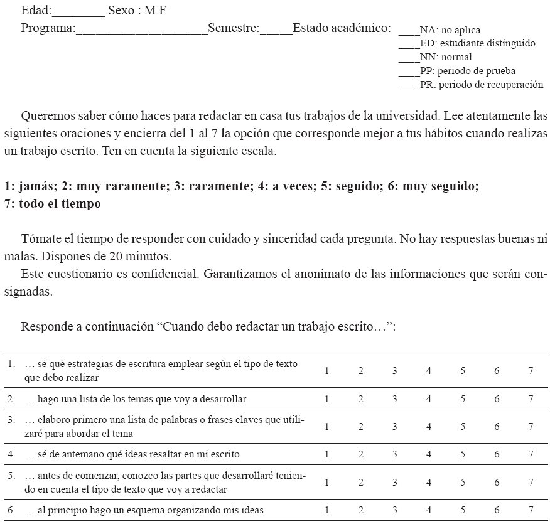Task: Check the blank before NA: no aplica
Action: (409, 31)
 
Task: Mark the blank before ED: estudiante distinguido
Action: (409, 45)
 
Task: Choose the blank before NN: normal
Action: (409, 59)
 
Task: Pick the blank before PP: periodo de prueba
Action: (409, 73)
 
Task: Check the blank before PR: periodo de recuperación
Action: (409, 87)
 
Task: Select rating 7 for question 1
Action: (531, 371)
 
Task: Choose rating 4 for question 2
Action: (429, 399)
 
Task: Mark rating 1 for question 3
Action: (327, 427)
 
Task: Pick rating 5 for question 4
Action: (463, 454)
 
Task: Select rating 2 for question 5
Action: (361, 483)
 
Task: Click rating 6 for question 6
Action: (497, 510)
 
